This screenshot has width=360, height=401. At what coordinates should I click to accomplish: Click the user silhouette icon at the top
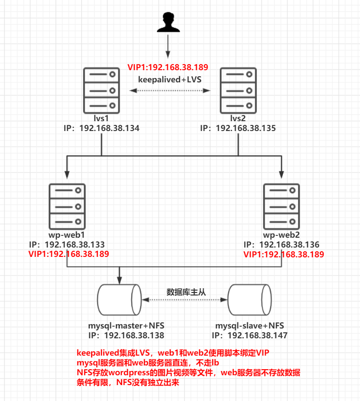pos(168,23)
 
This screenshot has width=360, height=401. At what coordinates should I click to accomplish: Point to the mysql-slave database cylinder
pos(249,300)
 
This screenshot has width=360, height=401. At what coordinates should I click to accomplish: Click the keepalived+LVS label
pos(170,80)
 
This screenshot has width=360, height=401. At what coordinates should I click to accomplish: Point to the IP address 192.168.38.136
pos(289,245)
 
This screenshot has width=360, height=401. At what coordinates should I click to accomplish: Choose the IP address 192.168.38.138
pos(134,335)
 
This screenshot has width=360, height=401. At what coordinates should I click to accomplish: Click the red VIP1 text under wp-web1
pos(69,255)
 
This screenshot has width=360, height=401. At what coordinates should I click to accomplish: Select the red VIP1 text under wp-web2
pos(284,255)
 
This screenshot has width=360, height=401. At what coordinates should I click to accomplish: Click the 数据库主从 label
pos(186,292)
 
